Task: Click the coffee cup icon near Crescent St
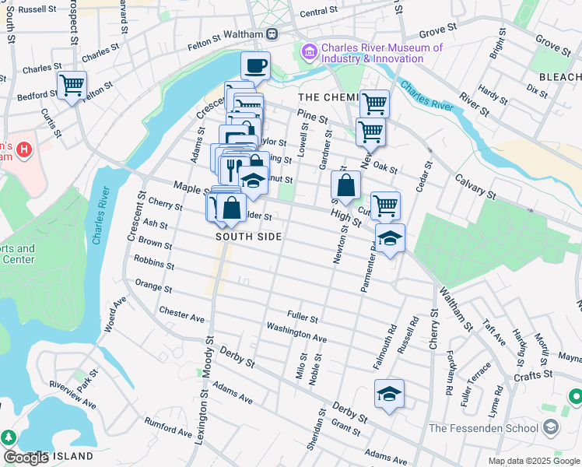click(255, 66)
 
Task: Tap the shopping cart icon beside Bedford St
click(72, 85)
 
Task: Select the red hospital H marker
click(24, 148)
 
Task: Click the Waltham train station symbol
click(272, 33)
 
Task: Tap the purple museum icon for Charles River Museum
click(309, 52)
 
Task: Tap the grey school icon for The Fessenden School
click(551, 427)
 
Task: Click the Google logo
click(26, 458)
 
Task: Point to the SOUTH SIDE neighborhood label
click(248, 236)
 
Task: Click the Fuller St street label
click(303, 318)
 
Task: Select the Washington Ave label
click(296, 332)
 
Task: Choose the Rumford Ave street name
click(168, 427)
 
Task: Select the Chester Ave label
click(181, 314)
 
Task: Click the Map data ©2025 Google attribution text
click(534, 461)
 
